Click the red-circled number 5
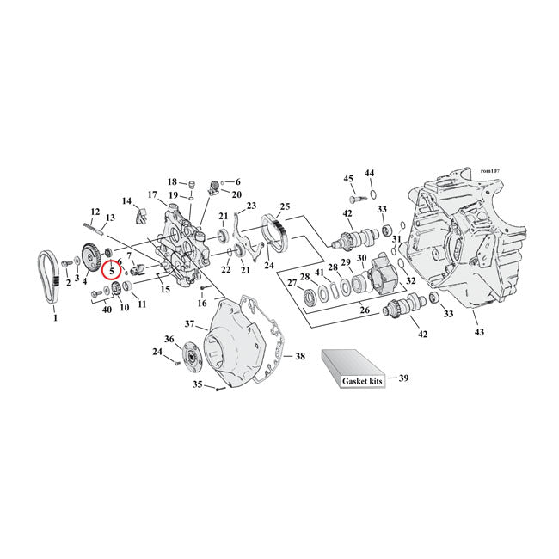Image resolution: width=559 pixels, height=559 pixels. point(112,270)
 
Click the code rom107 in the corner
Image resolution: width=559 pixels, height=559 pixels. point(496,171)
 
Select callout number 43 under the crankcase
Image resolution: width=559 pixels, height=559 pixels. point(479,331)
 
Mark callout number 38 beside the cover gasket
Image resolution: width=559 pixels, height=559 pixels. point(300,356)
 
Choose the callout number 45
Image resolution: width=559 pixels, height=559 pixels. point(349,178)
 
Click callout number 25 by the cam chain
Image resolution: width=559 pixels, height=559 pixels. point(285,207)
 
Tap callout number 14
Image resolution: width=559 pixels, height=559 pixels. point(127,201)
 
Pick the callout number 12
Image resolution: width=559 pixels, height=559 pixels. point(95,212)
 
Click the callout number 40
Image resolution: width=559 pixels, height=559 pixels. point(107,309)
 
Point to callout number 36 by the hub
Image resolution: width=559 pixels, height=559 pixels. point(169,340)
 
